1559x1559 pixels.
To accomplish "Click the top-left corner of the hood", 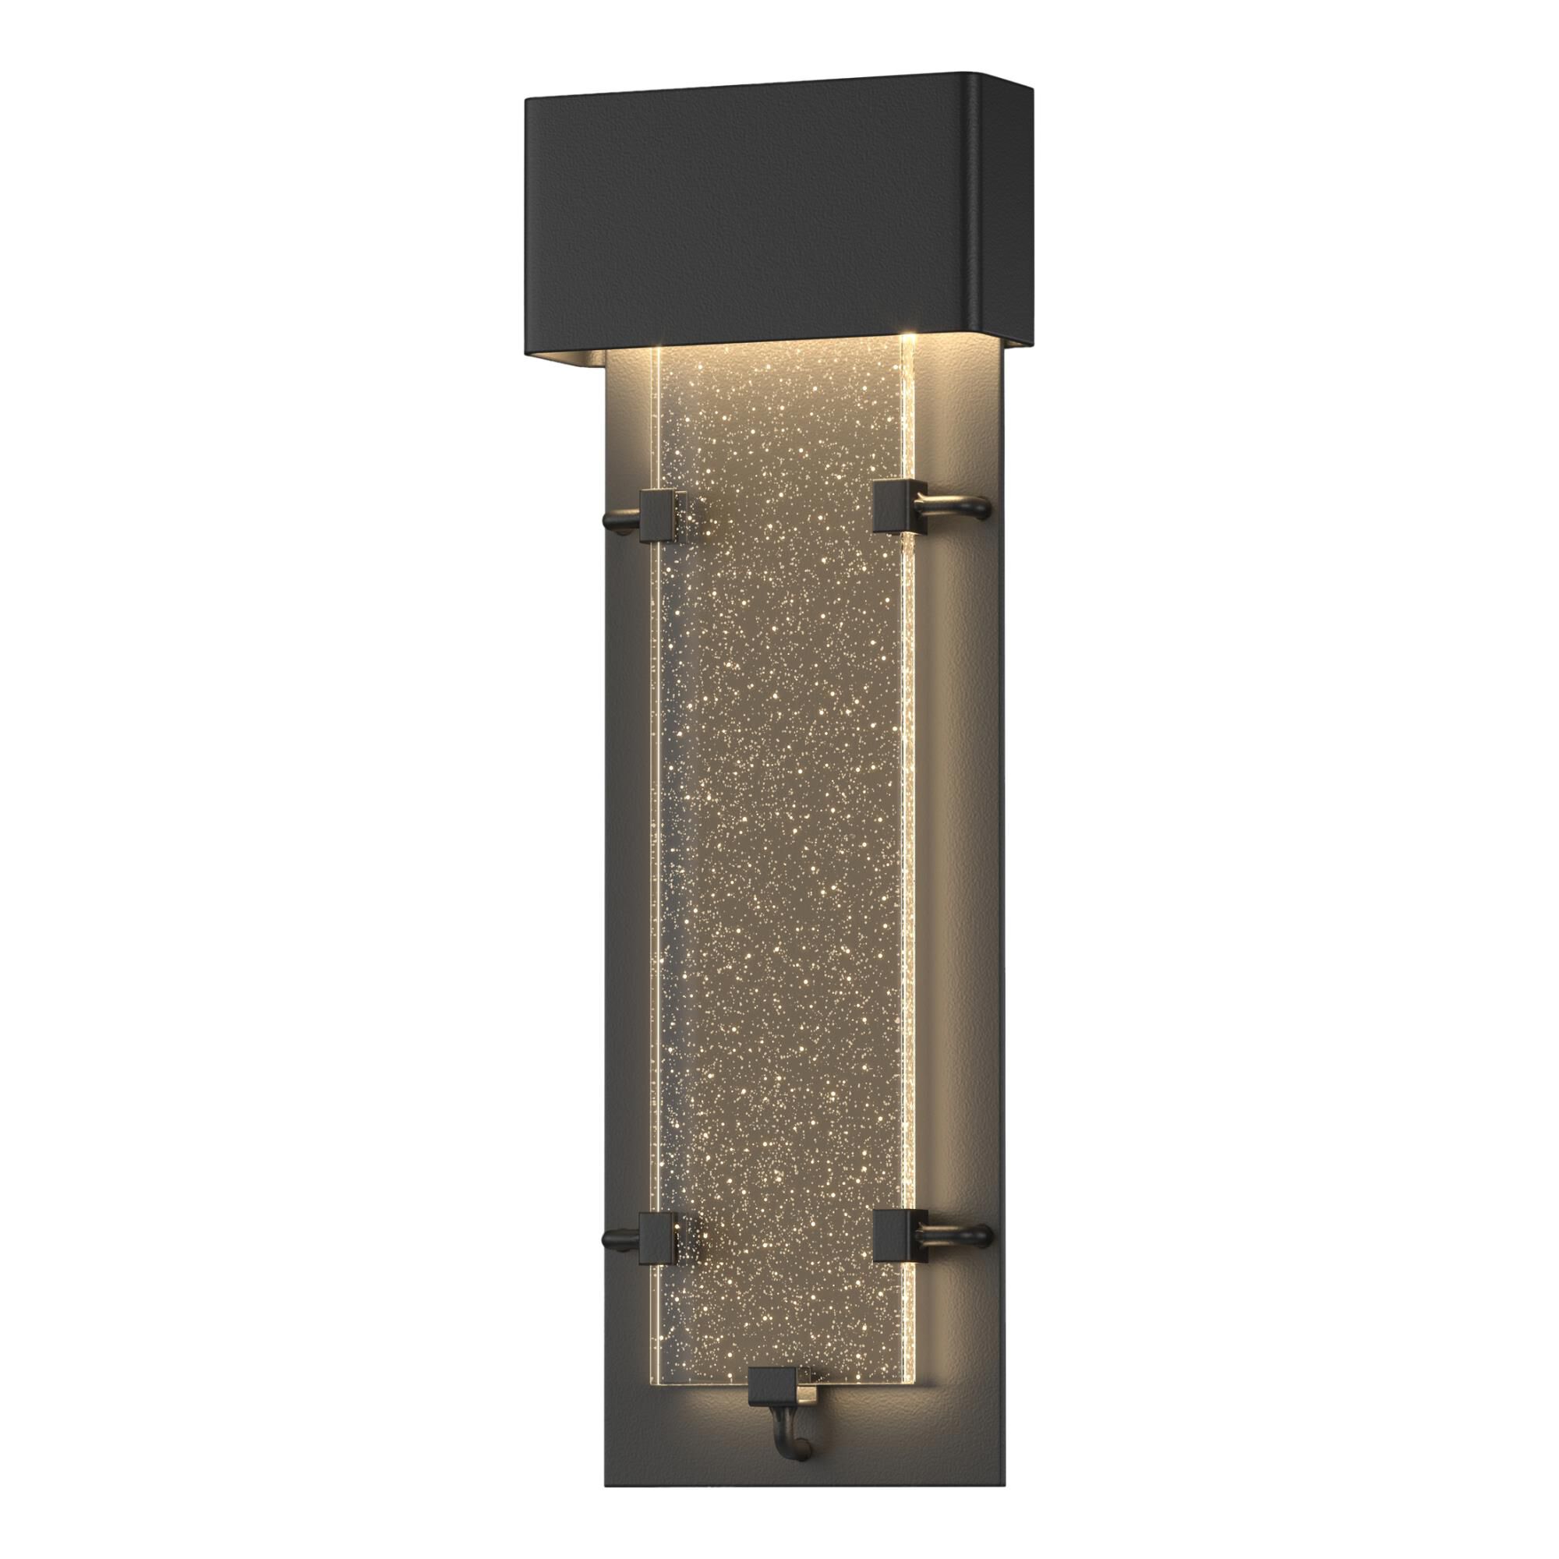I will (x=528, y=101).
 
